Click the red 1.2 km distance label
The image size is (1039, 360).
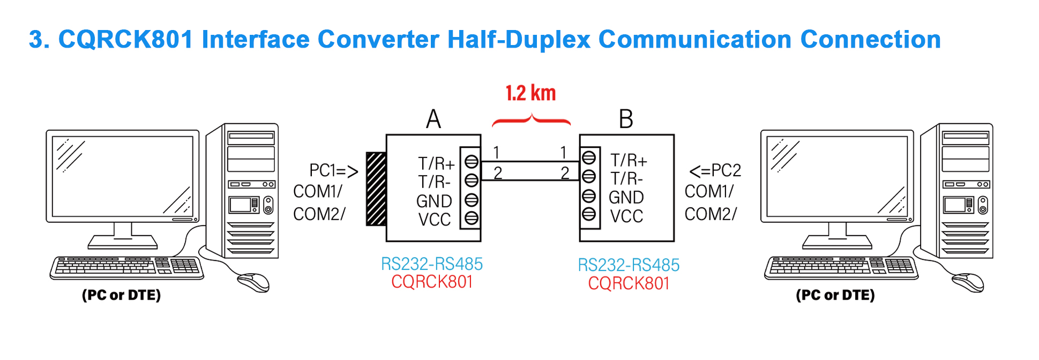pyautogui.click(x=530, y=93)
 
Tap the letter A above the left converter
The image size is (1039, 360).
pyautogui.click(x=433, y=118)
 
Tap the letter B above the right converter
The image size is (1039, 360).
pyautogui.click(x=626, y=118)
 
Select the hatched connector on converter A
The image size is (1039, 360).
pyautogui.click(x=376, y=189)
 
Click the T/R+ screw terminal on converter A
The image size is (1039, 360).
pyautogui.click(x=472, y=161)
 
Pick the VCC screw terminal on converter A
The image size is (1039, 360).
pyautogui.click(x=472, y=218)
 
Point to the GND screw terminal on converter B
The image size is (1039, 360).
pyautogui.click(x=588, y=195)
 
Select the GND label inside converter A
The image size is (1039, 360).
pyautogui.click(x=434, y=201)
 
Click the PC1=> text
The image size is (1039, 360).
pyautogui.click(x=333, y=171)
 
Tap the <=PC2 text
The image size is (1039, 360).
pyautogui.click(x=715, y=171)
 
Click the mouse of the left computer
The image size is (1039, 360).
pyautogui.click(x=253, y=282)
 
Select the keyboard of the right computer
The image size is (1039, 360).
pyautogui.click(x=841, y=267)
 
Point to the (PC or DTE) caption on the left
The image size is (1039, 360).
pyautogui.click(x=121, y=295)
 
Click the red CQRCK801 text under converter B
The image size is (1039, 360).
pyautogui.click(x=629, y=283)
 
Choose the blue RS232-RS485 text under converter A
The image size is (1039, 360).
pyautogui.click(x=432, y=264)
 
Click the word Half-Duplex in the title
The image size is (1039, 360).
pyautogui.click(x=519, y=40)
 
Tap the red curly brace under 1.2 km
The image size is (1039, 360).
pyautogui.click(x=531, y=120)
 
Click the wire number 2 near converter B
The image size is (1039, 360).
pyautogui.click(x=565, y=173)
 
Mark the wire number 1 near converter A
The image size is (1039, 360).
pyautogui.click(x=497, y=153)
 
